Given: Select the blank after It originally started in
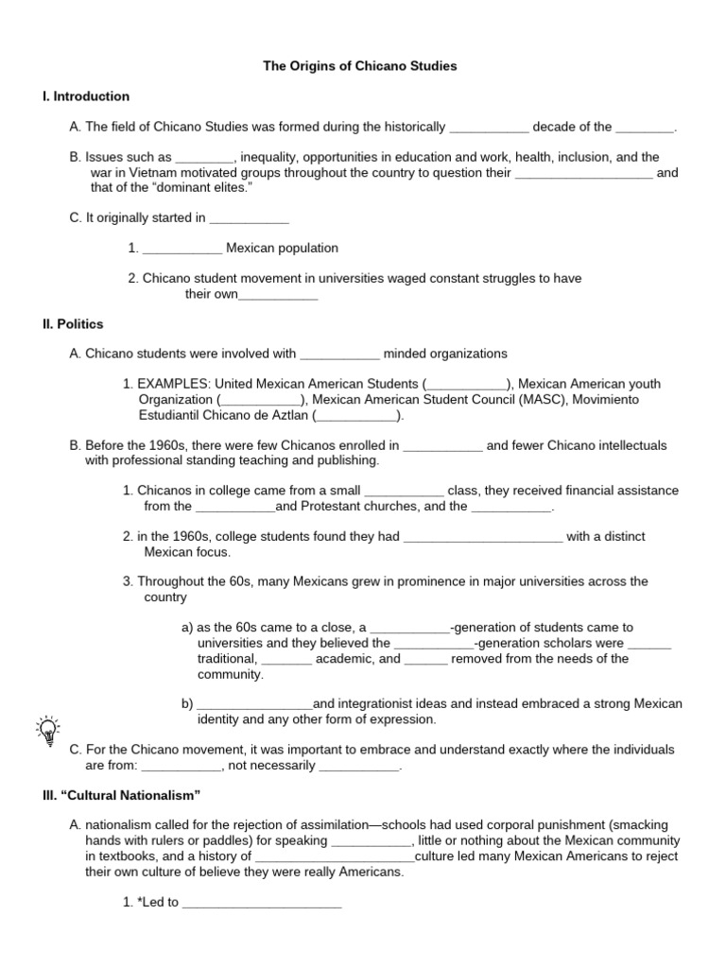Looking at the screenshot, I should pos(249,219).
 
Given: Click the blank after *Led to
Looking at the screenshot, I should pos(262,904).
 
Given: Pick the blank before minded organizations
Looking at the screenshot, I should pos(339,355).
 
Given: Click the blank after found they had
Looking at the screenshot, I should pos(483,538).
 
